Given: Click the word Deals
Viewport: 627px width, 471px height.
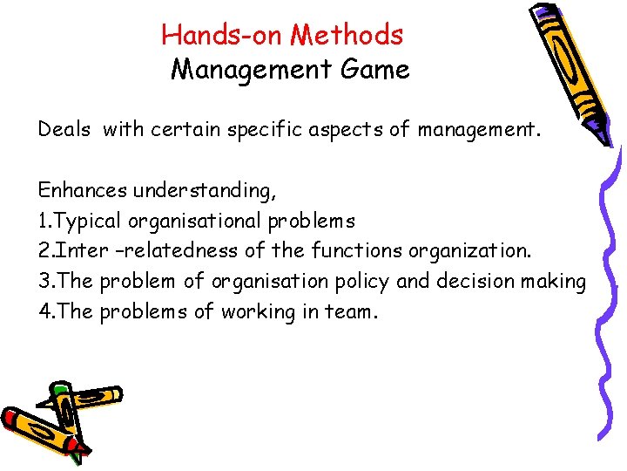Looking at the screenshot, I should tap(64, 131).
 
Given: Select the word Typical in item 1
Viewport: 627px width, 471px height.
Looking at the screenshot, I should tap(87, 220).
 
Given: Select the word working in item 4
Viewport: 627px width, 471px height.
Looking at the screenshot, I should tap(253, 311).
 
